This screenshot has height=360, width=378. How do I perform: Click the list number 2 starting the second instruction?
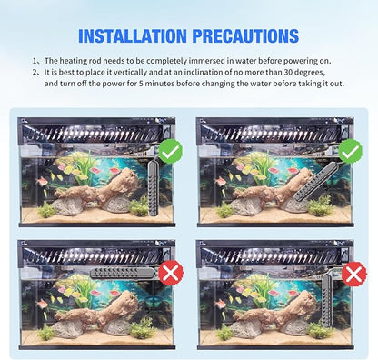35,72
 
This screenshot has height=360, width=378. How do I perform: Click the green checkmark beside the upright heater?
170,150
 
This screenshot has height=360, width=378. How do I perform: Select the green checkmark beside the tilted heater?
349,150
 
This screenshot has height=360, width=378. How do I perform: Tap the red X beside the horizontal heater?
170,273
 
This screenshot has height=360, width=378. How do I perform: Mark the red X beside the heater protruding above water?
353,274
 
